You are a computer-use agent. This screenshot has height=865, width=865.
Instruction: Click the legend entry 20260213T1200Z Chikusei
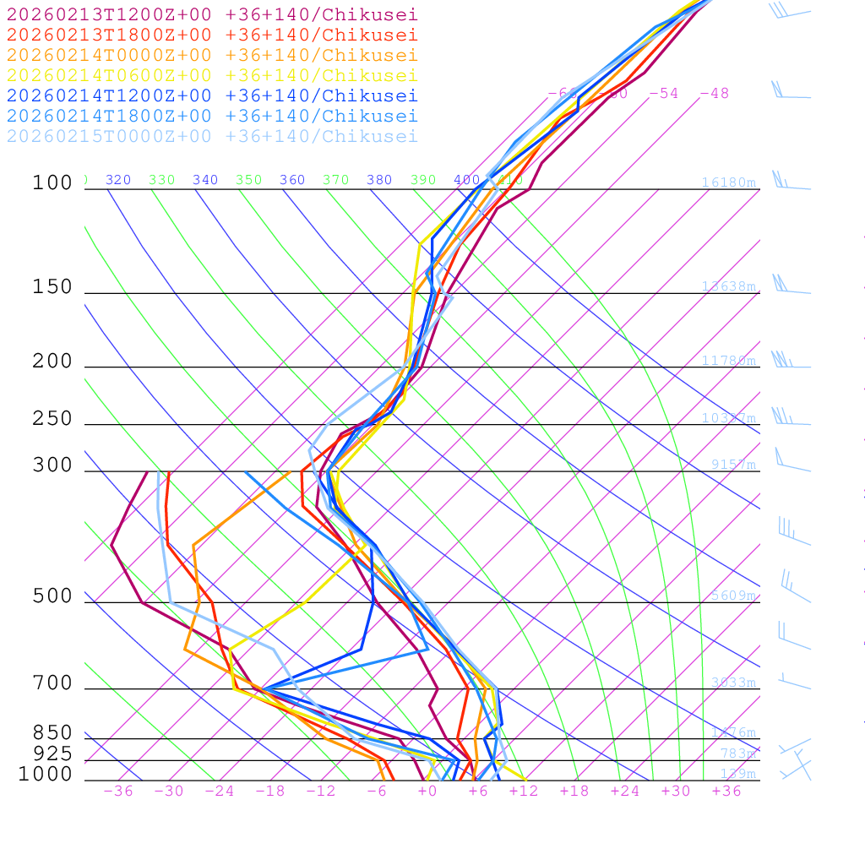[211, 15]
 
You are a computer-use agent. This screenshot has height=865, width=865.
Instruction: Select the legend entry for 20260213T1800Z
[211, 35]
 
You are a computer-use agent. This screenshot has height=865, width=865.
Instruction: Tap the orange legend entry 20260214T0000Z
[211, 56]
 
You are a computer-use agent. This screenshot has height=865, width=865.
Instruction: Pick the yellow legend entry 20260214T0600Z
[211, 75]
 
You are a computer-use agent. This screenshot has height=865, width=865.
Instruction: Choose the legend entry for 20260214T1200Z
[211, 96]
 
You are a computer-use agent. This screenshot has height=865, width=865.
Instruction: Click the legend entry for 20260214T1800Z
[211, 117]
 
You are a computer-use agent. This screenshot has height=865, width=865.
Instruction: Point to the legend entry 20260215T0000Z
[211, 137]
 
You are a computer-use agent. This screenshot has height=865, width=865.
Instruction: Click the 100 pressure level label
[52, 183]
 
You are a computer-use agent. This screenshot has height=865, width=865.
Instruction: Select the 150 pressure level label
[52, 287]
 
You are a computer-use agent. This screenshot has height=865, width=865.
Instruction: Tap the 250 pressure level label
[52, 419]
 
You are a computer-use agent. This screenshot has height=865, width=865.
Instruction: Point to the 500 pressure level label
[52, 596]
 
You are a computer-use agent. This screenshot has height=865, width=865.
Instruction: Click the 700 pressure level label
[52, 683]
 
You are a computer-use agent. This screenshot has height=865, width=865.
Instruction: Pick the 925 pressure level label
[52, 753]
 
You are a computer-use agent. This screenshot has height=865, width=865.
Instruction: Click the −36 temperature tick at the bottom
[118, 792]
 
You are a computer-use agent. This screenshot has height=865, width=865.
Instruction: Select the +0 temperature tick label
[427, 792]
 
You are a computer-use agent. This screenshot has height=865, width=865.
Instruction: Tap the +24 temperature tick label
[625, 792]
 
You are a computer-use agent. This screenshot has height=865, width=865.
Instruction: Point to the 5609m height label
[733, 596]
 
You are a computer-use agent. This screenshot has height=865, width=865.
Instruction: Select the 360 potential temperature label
[292, 180]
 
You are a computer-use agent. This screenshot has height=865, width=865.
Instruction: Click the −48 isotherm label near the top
[714, 93]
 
